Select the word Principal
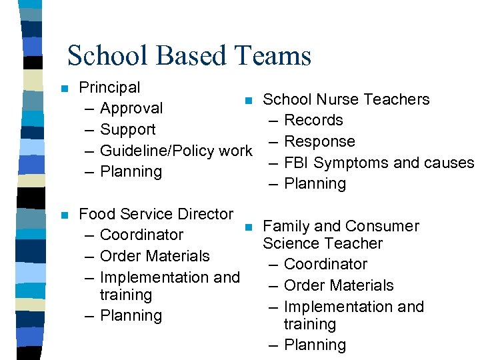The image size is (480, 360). click(109, 87)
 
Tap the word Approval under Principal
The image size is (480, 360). click(131, 108)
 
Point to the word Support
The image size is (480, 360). click(127, 129)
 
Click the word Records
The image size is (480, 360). click(313, 120)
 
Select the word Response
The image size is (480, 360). click(319, 141)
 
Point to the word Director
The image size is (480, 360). click(203, 214)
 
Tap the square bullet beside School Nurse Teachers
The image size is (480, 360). click(249, 101)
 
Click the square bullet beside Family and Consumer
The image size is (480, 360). click(249, 227)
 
